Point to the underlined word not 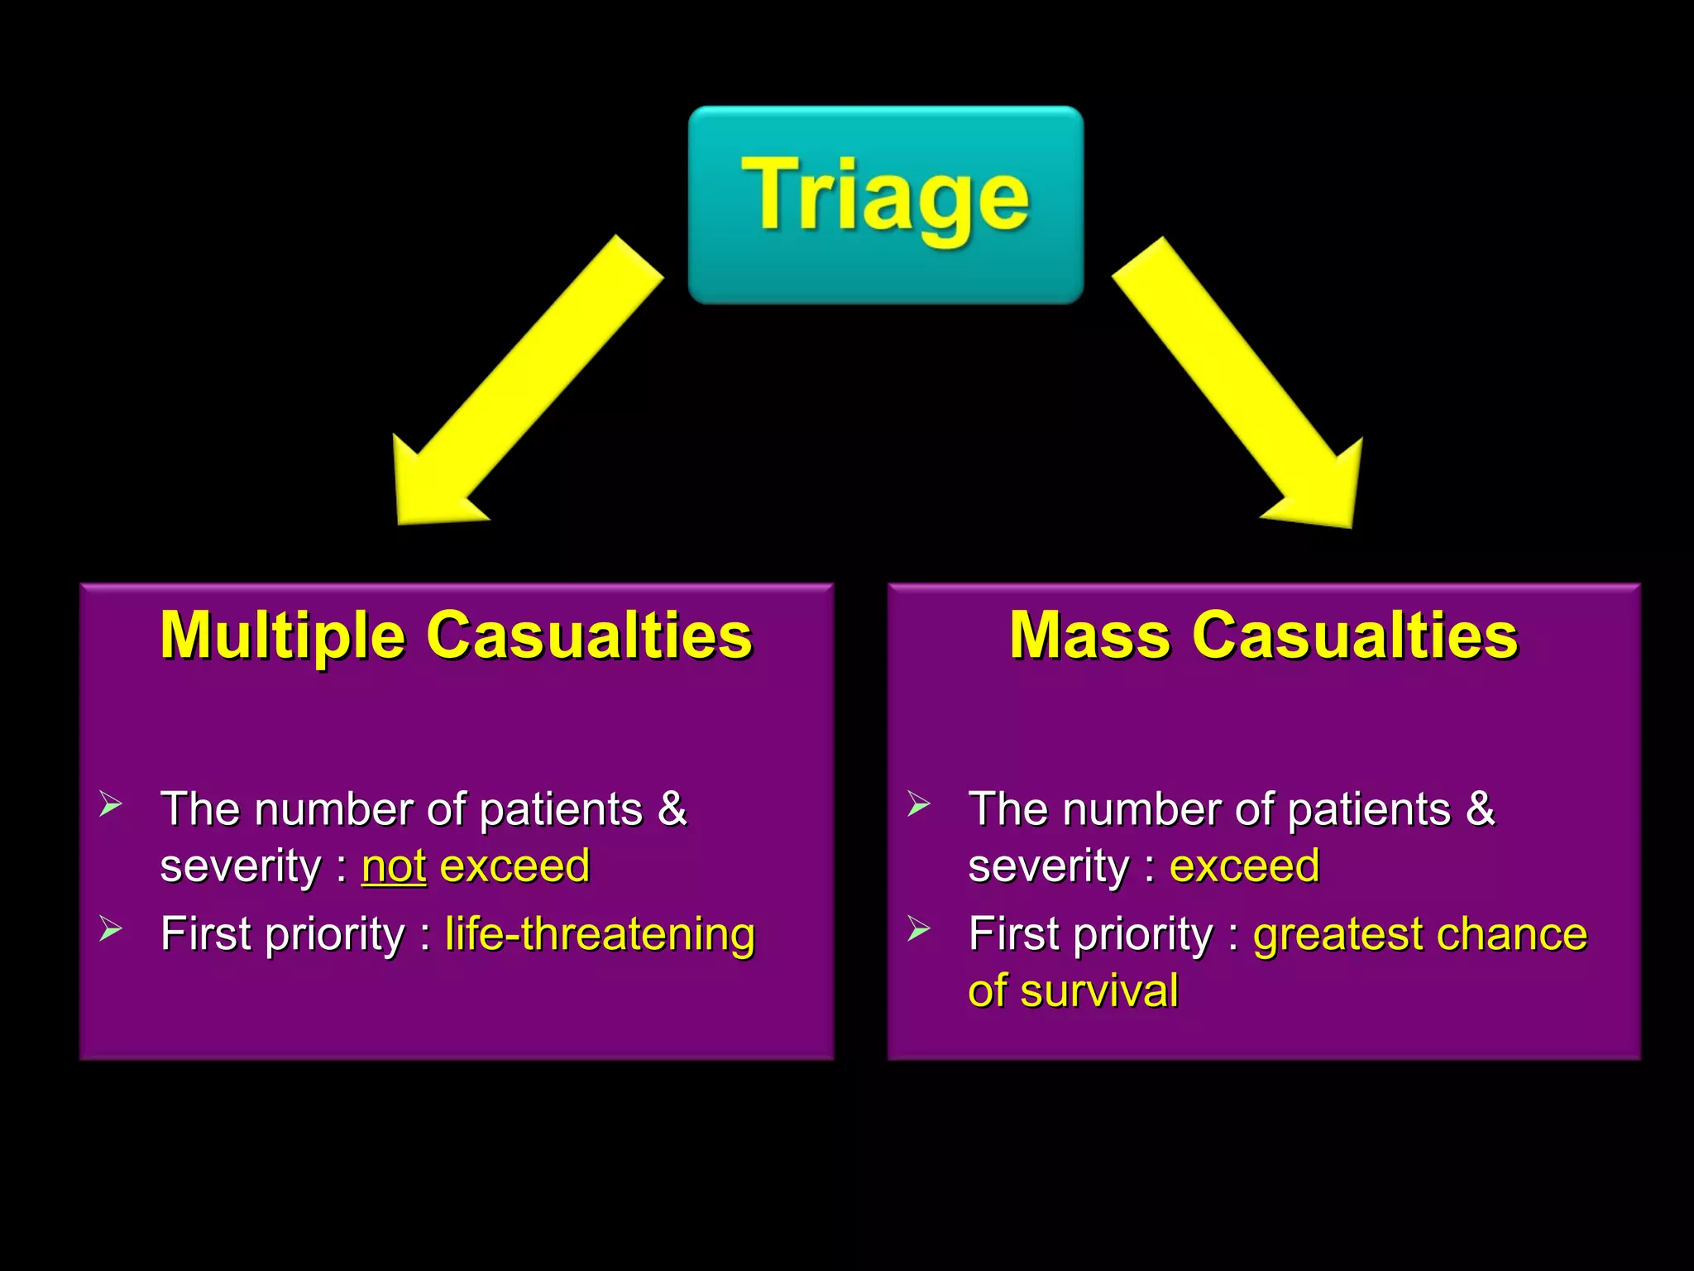394,866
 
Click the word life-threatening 600,934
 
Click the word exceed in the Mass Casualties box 1244,866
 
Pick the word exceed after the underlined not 514,866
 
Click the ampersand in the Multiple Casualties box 672,808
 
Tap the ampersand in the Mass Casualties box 1480,808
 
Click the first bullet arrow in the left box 111,803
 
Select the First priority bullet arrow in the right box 918,929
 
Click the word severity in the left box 241,866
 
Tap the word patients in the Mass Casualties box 1369,810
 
